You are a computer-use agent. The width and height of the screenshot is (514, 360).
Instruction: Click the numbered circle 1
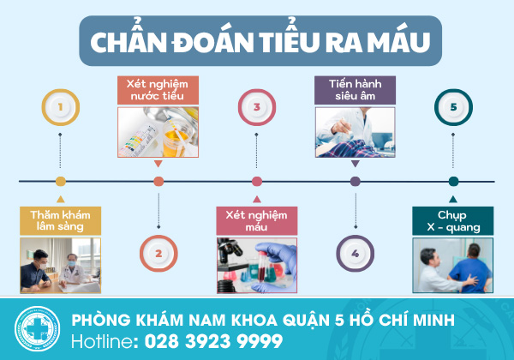[61, 107]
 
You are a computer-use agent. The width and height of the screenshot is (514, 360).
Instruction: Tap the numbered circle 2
[158, 254]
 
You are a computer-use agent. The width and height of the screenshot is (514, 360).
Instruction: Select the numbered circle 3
[257, 107]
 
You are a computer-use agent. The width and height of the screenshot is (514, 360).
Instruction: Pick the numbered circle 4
[356, 254]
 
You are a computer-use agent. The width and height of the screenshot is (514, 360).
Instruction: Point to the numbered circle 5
[453, 107]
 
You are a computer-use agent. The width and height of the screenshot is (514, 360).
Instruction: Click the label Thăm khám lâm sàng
[60, 221]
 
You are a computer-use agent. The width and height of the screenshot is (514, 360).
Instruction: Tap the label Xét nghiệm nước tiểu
[158, 90]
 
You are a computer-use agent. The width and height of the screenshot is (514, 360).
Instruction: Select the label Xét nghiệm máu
[257, 221]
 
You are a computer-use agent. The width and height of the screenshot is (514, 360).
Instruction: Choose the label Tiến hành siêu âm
[355, 90]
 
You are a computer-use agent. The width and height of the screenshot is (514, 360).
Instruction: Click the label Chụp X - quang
[452, 221]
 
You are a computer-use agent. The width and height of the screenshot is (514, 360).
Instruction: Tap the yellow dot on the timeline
[61, 182]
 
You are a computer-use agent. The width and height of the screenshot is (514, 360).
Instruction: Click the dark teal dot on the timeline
[453, 182]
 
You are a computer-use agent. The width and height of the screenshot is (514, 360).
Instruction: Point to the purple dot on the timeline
[356, 182]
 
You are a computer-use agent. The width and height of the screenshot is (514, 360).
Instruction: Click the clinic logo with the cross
[37, 328]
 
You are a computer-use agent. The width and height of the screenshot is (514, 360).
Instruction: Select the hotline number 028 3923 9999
[213, 341]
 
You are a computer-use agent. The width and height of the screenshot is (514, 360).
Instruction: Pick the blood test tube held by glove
[261, 267]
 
